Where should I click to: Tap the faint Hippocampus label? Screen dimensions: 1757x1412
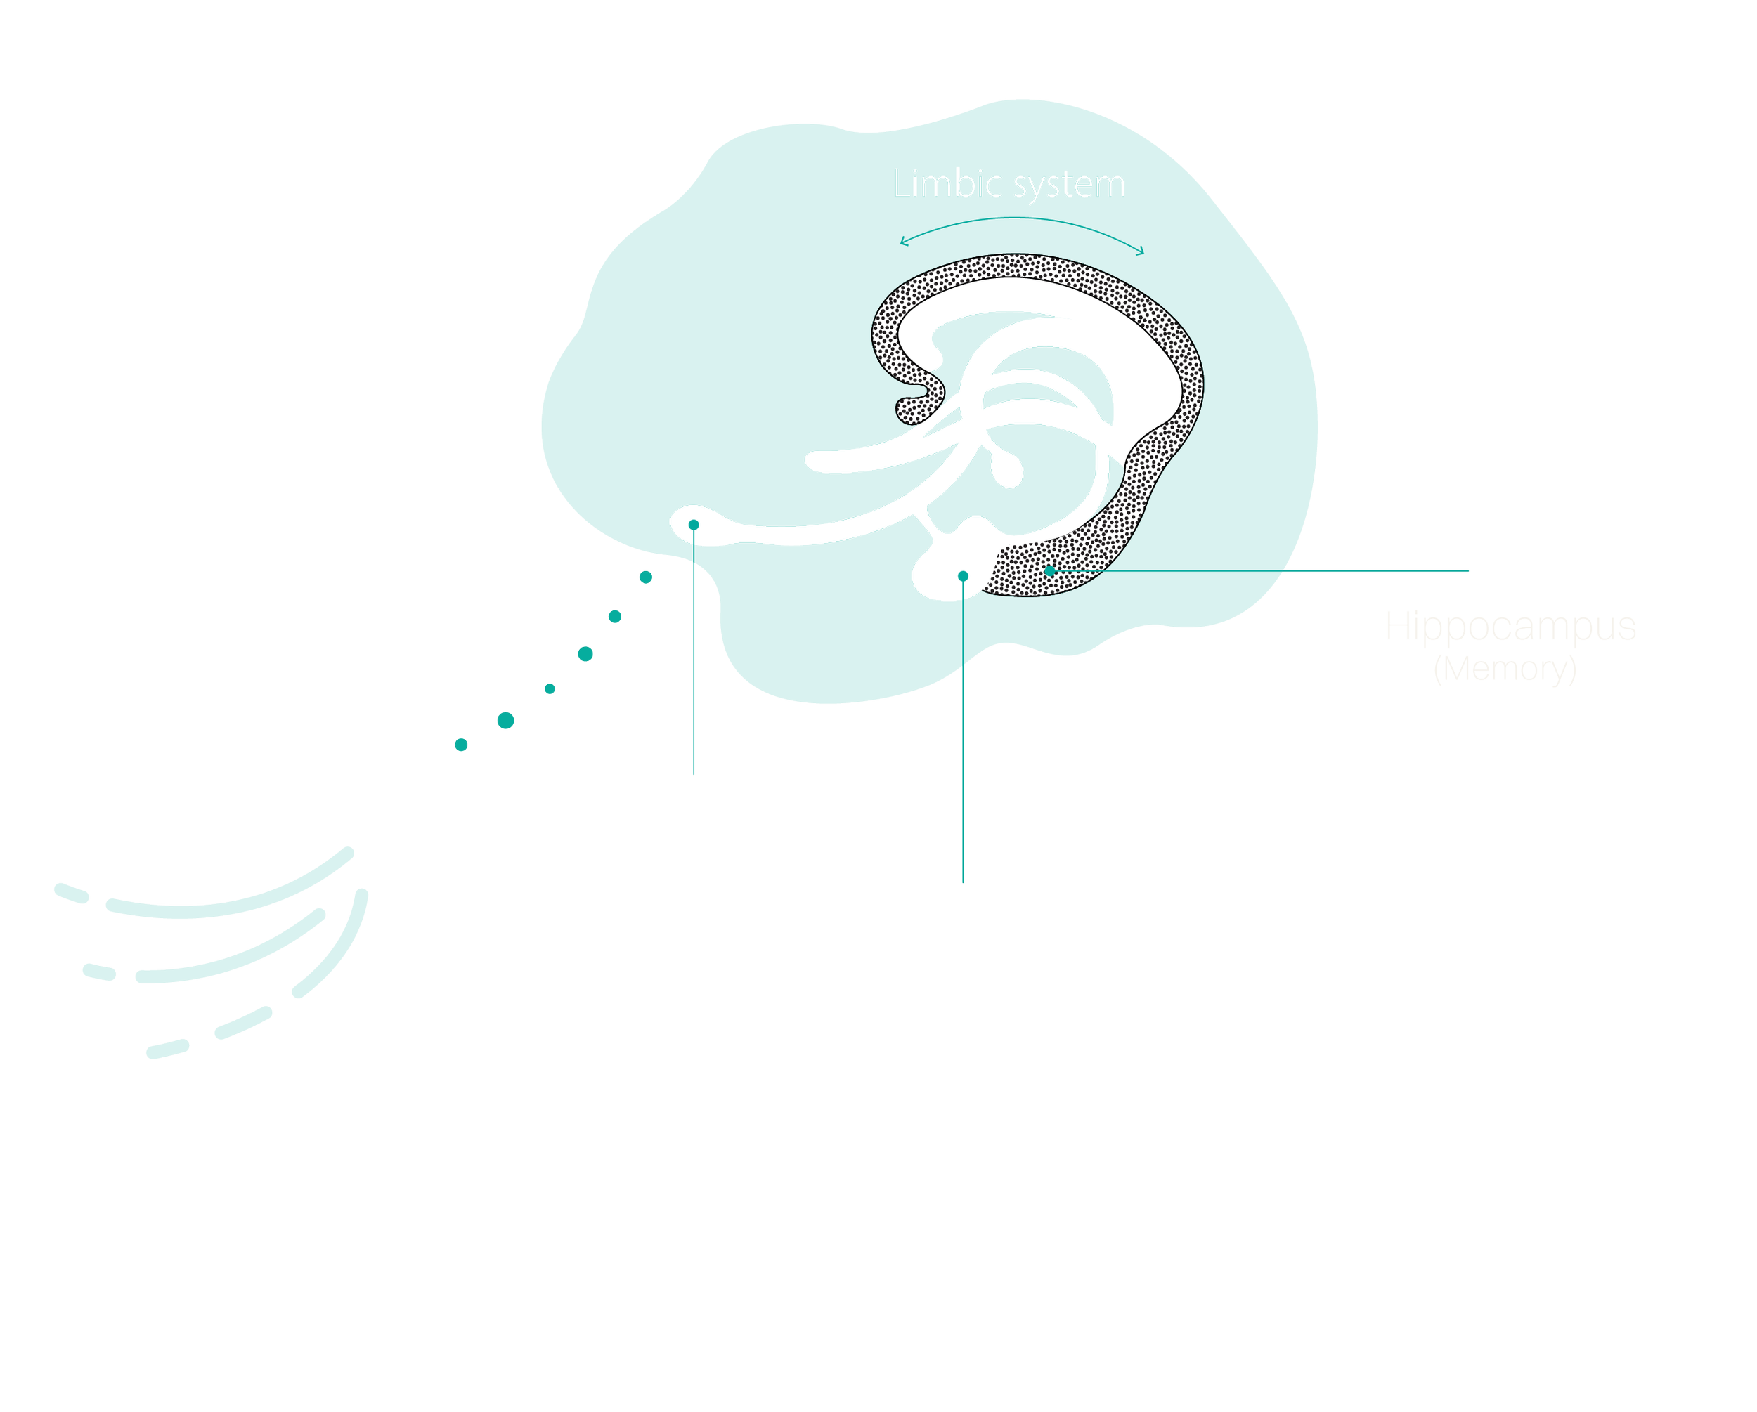pos(1511,627)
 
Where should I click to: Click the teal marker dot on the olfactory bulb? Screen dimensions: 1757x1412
pos(694,525)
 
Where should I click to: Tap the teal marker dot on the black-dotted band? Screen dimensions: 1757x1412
pos(1051,571)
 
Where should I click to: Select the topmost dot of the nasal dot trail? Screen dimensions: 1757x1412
pos(645,577)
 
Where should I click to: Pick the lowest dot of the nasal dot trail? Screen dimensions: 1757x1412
pos(461,745)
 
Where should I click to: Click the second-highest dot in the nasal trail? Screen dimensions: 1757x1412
pos(615,617)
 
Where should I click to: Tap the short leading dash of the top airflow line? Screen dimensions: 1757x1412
pos(71,893)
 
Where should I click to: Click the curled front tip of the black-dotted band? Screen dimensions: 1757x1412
pos(913,407)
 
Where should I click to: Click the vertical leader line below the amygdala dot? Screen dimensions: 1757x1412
pos(964,733)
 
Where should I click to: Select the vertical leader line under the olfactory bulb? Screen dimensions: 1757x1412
pos(694,652)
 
